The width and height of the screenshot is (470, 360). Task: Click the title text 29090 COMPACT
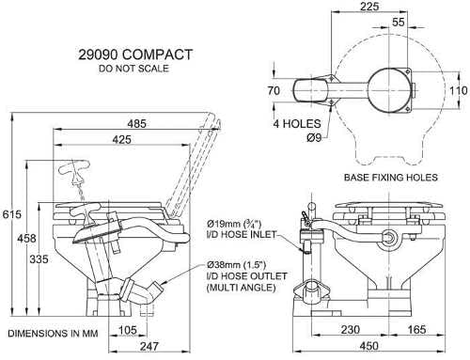coord(135,55)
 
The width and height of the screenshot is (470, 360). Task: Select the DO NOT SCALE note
coord(133,69)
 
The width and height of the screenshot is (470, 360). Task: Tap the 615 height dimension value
coord(12,214)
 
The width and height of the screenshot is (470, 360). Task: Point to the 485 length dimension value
coord(137,123)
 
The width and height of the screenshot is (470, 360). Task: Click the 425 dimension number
coord(122,139)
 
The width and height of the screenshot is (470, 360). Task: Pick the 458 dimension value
coord(26,239)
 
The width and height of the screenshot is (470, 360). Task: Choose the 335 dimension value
coord(39,259)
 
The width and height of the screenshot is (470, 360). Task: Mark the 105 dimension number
coord(128,330)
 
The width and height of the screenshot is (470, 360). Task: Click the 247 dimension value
coord(149,347)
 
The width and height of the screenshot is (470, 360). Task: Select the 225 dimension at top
coord(369,7)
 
